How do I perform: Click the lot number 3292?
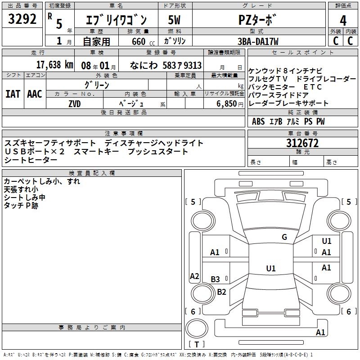pos(22,19)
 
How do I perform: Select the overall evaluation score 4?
pos(343,20)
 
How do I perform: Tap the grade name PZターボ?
pos(258,20)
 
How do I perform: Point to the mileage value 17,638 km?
pos(54,65)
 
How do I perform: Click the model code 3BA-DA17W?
pos(258,41)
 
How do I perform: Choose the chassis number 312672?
pos(302,144)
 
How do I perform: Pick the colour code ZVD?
pos(75,103)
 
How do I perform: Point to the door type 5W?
pos(174,20)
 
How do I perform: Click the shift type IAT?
pos(13,94)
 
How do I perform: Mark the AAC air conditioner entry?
pos(34,94)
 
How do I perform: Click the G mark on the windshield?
pos(284,237)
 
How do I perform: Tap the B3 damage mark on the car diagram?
pos(216,279)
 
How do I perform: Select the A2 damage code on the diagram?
pos(194,276)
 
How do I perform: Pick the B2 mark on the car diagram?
pos(221,292)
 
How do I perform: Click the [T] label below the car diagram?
pos(198,344)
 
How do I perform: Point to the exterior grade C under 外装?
pos(335,41)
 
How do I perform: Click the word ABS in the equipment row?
pos(258,121)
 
